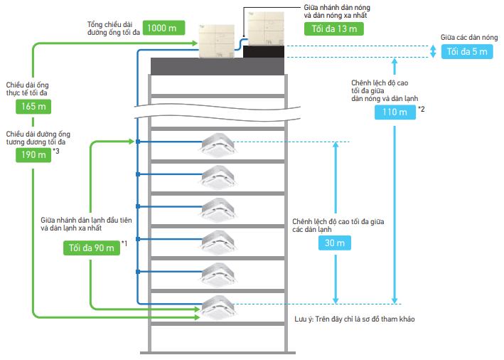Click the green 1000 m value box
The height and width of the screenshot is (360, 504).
[163, 28]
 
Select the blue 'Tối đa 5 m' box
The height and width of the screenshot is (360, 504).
[467, 51]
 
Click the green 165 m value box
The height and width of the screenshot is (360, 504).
[33, 107]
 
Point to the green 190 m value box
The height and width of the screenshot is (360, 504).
[33, 154]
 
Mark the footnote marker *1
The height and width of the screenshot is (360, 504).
[124, 244]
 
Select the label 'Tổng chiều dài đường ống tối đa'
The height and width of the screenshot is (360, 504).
[112, 28]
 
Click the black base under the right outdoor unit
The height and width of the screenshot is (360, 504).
[264, 51]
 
